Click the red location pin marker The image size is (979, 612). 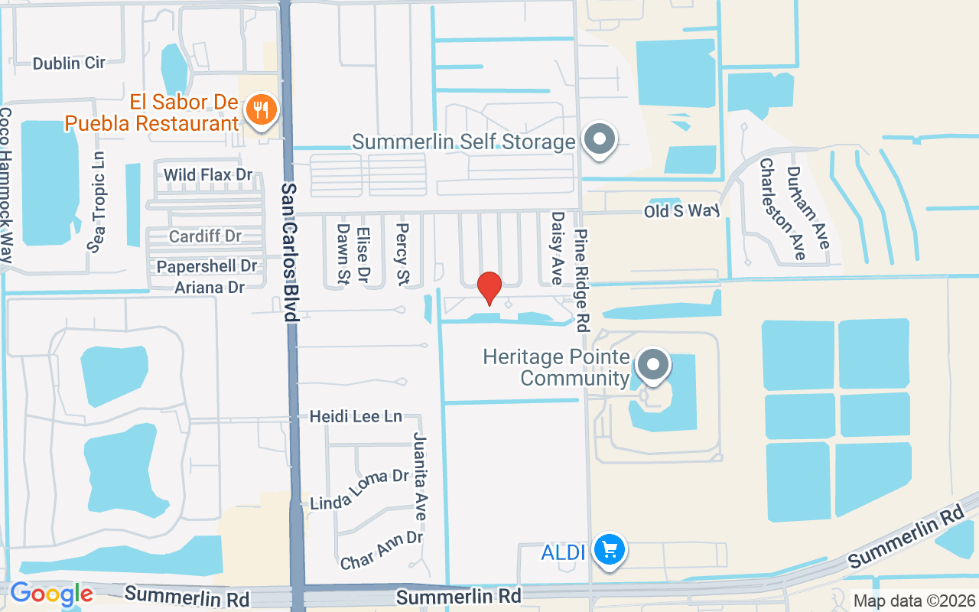[x=489, y=288]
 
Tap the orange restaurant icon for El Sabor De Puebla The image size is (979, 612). [x=262, y=111]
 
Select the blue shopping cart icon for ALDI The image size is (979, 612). [x=610, y=549]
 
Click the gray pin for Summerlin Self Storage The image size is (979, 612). [x=600, y=139]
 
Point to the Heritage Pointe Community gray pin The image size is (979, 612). [x=652, y=365]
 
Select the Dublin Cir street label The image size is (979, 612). [x=69, y=63]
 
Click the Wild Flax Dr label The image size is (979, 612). [x=208, y=175]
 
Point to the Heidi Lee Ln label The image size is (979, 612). [x=356, y=417]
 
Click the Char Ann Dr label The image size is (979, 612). [x=382, y=550]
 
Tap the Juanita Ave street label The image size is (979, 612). [x=420, y=476]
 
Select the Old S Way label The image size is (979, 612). [x=682, y=210]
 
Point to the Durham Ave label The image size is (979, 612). [x=807, y=207]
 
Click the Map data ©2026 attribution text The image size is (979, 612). [x=914, y=601]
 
